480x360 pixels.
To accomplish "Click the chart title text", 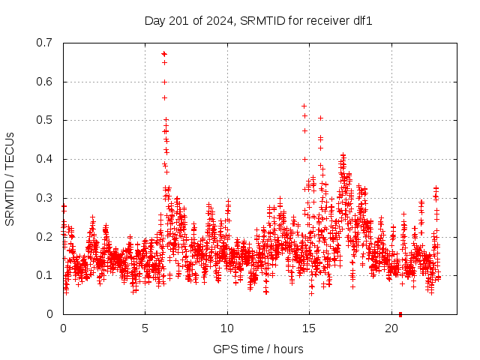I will tap(259, 21).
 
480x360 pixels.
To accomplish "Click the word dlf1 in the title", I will tap(361, 21).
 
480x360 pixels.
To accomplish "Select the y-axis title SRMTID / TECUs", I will tap(10, 178).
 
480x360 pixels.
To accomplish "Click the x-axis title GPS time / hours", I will tap(258, 349).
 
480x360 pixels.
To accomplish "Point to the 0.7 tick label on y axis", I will tap(45, 43).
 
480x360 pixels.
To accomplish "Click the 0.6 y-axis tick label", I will tap(45, 82).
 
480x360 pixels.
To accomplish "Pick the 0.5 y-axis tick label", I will tap(45, 120).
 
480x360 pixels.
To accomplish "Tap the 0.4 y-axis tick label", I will tap(45, 159).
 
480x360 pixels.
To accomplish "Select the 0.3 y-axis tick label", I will tap(45, 198).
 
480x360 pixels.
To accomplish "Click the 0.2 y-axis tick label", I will tap(45, 236).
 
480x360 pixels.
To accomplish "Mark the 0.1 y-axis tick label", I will tap(45, 275).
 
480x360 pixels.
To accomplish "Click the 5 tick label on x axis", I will tap(145, 328).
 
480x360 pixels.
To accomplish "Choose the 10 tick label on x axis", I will tap(227, 328).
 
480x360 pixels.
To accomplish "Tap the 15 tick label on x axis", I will tap(309, 328).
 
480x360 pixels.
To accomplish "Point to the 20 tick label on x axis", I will tap(391, 328).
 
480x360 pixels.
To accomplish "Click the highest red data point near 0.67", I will tap(164, 54).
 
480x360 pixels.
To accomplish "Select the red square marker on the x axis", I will tap(400, 314).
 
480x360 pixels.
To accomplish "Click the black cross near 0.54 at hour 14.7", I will tap(304, 106).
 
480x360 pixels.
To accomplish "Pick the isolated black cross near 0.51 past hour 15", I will tap(320, 118).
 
